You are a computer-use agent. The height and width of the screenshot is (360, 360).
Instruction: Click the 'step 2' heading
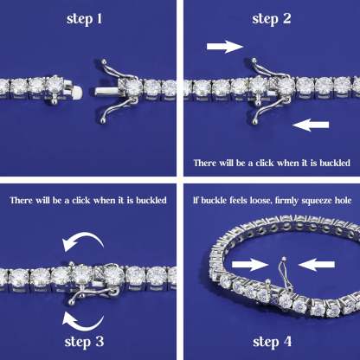point(271,17)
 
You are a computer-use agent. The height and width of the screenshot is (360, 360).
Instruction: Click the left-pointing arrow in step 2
point(312,125)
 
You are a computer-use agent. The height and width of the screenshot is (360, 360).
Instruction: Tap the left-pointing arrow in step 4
point(318,260)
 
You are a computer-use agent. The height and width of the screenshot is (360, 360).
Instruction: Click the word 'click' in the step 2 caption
point(264,163)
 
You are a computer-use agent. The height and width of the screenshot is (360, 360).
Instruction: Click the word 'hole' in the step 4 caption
point(340,201)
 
